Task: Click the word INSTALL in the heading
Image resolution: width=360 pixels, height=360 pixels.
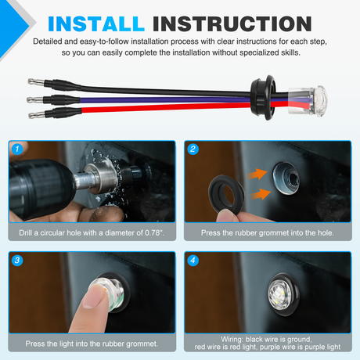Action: [96, 24]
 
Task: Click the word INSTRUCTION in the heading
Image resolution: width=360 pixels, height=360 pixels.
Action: [232, 24]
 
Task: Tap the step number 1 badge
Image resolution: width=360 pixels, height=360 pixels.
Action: [17, 149]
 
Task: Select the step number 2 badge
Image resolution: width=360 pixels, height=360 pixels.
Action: [193, 149]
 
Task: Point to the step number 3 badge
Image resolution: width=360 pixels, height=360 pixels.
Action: [17, 261]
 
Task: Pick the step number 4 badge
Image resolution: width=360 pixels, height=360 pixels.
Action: [193, 261]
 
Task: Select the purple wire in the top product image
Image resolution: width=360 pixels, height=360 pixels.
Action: [164, 99]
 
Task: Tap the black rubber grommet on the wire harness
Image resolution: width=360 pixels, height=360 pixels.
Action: [263, 97]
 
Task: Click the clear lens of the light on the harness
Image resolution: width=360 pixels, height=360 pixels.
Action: [308, 100]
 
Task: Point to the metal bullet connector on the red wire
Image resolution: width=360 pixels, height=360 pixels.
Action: [37, 115]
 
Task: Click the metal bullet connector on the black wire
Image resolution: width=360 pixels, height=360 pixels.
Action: [36, 82]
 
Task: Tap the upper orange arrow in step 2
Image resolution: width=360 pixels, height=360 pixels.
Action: [257, 174]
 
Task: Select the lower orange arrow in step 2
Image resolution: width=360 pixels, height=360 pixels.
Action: [261, 194]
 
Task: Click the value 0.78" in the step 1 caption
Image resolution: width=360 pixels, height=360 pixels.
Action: [154, 232]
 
